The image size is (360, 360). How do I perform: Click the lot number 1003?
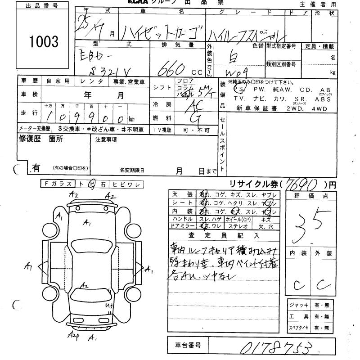coord(44,42)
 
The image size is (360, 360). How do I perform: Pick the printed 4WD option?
coord(318,108)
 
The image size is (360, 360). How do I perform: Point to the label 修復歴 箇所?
coord(40,139)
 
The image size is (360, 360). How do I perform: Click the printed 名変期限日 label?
coord(132,171)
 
